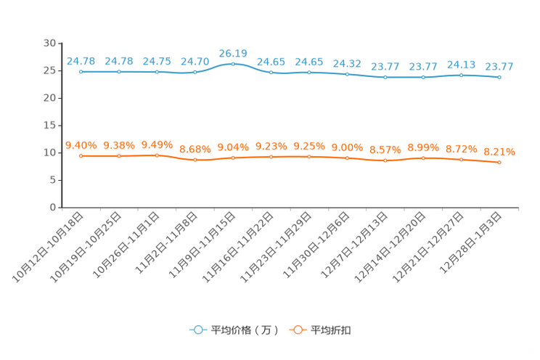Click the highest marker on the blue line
click(233, 63)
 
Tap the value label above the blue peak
click(233, 53)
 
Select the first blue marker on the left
click(81, 71)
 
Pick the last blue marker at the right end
click(499, 76)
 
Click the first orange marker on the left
click(81, 155)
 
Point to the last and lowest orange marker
click(499, 163)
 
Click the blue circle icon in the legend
click(197, 330)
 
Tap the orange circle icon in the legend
click(297, 330)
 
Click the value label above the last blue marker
click(499, 67)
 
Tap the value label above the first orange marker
click(81, 145)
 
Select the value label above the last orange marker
click(499, 152)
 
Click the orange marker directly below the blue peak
click(233, 157)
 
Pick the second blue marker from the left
click(118, 71)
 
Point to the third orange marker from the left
click(157, 155)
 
